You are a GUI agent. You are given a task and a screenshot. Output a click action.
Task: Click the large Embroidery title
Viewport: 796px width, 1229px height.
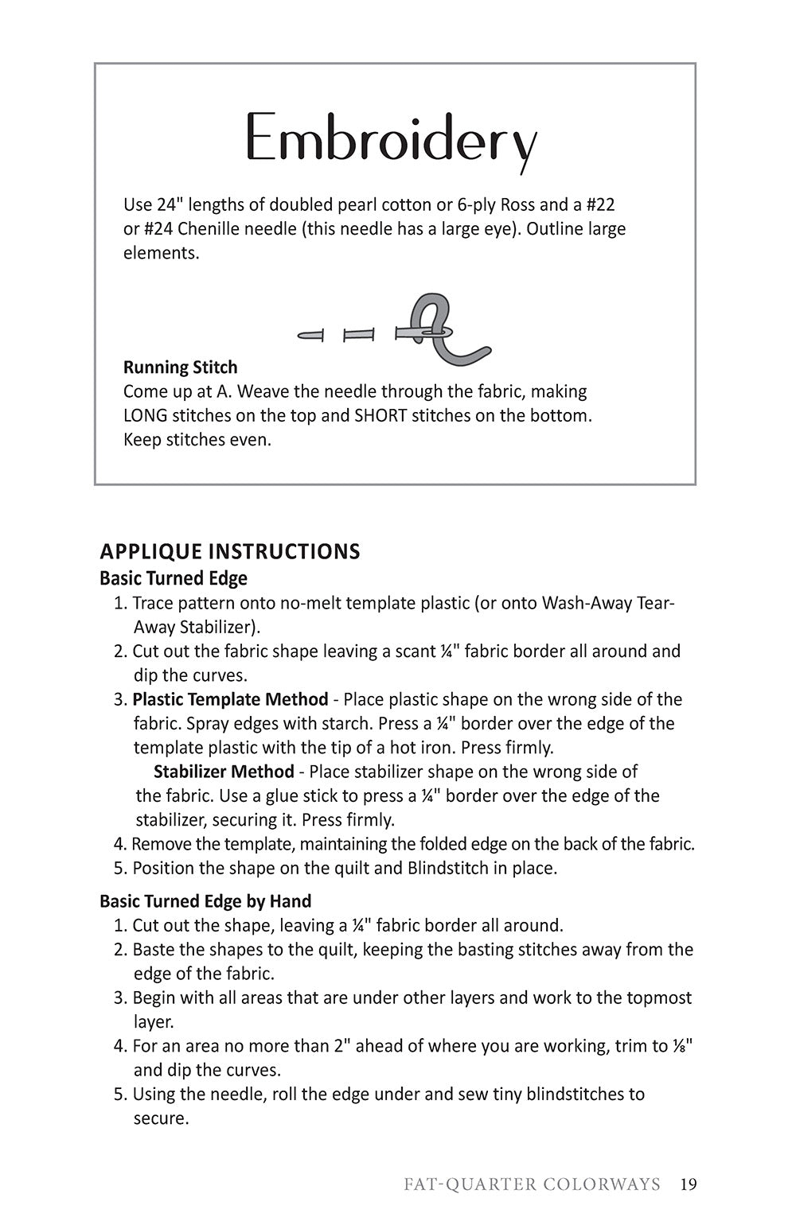click(391, 141)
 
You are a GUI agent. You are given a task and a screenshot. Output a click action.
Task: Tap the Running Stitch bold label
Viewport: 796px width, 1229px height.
click(180, 368)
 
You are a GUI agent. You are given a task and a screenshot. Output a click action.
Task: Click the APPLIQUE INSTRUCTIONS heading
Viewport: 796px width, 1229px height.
click(230, 551)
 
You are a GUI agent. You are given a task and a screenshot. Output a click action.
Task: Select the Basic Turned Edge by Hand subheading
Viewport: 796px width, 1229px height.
click(205, 901)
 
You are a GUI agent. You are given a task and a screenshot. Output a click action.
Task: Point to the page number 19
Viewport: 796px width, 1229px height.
click(689, 1184)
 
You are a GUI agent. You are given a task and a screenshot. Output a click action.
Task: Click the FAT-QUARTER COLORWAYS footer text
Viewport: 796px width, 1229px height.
click(532, 1184)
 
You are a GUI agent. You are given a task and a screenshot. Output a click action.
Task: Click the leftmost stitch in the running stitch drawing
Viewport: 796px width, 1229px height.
click(310, 336)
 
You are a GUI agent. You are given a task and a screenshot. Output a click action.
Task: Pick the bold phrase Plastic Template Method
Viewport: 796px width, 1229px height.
click(230, 699)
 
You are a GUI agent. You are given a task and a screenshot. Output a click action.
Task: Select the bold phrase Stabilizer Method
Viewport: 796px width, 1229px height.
click(224, 772)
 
